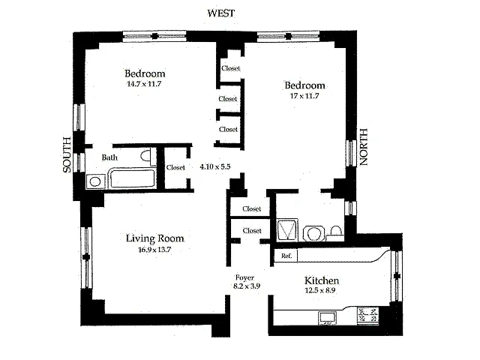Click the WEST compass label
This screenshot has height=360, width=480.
[x=221, y=13]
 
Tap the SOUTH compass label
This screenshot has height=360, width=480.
[x=67, y=155]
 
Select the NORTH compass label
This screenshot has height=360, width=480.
[x=363, y=147]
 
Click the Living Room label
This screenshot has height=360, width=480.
[x=155, y=238]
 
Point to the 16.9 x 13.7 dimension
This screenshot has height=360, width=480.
[x=154, y=250]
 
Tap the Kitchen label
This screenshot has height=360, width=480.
[x=322, y=280]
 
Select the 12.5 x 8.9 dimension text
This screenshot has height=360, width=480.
[x=320, y=290]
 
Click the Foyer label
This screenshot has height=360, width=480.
[x=245, y=278]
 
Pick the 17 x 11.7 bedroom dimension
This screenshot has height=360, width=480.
[x=304, y=96]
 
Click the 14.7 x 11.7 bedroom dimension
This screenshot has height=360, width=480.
[x=144, y=84]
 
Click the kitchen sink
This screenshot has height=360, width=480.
[x=328, y=317]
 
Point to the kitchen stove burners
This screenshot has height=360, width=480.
[x=368, y=316]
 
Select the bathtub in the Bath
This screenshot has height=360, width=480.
[x=133, y=178]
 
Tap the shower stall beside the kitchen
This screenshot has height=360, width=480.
[x=287, y=229]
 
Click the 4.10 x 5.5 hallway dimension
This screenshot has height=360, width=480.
[x=215, y=166]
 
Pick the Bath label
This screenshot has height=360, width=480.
[x=109, y=157]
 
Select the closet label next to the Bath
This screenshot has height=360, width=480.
[x=175, y=168]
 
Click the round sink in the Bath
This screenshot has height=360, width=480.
[x=95, y=181]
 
